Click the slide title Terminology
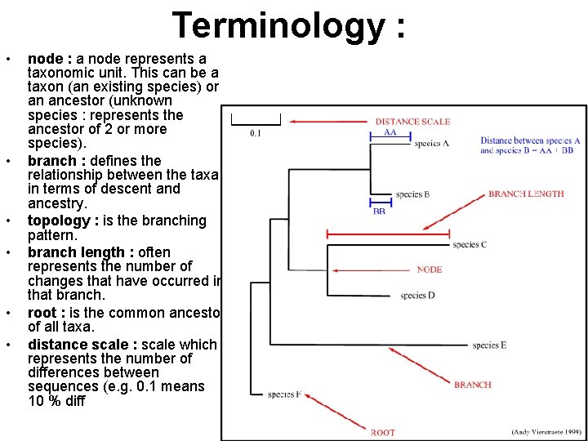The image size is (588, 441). (288, 25)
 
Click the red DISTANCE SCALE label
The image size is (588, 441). (412, 122)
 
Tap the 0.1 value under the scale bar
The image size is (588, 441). (256, 133)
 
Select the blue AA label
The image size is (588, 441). (390, 131)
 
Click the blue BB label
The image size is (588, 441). (379, 211)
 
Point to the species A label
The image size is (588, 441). (431, 143)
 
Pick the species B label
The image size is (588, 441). (412, 194)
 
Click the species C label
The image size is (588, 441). (469, 244)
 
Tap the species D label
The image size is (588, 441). (417, 295)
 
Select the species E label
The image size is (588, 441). (489, 345)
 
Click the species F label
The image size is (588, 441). (284, 394)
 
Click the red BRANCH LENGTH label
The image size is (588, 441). (526, 194)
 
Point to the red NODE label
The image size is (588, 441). (430, 269)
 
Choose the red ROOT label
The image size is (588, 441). (382, 432)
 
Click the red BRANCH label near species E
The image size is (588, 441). (473, 385)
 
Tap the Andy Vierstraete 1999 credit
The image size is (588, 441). (546, 431)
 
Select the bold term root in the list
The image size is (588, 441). (42, 313)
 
